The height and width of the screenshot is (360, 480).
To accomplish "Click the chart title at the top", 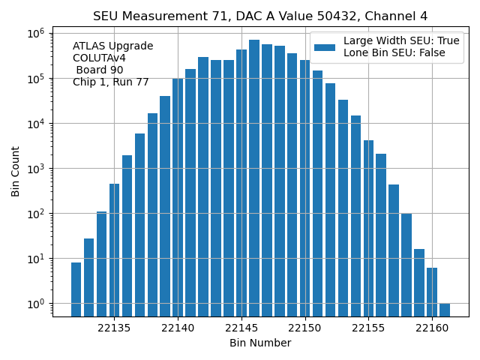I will coord(260,16).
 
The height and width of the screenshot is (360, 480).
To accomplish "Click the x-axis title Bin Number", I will coord(260,343).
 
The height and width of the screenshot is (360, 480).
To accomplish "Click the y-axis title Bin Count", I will coord(16,171).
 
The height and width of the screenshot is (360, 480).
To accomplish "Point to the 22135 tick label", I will coord(115,328).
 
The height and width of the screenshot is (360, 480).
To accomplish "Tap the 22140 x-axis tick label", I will coord(178,328).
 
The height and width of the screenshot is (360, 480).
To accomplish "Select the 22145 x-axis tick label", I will coord(241,328).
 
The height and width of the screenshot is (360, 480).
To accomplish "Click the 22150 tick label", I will coord(305,328).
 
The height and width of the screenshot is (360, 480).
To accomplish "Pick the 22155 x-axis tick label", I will coord(368,328).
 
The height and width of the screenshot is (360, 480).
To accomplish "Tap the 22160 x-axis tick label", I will coord(432,328).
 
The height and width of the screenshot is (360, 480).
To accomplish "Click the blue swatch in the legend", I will coord(325,47).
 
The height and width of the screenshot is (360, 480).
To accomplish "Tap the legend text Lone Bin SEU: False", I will coord(394,53).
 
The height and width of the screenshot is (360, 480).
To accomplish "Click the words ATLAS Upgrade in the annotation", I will coord(112,46).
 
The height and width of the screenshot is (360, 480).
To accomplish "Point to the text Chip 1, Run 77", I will coord(111,82).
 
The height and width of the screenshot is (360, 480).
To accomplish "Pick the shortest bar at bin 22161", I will coord(445,310).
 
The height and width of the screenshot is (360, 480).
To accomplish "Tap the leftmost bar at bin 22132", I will coord(76,289).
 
